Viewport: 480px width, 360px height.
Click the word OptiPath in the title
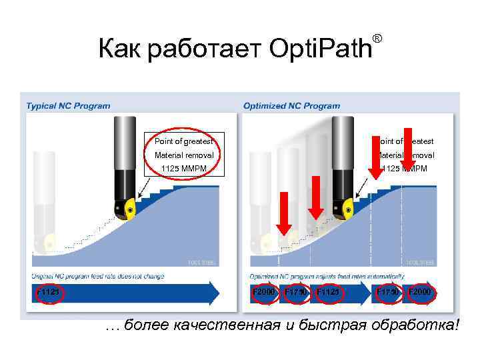coord(321,49)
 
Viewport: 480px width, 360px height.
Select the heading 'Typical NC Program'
coord(68,105)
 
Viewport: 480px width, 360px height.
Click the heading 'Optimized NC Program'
coord(291,105)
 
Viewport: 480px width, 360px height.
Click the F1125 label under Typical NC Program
coord(49,292)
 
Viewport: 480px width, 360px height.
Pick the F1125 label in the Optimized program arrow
coord(329,292)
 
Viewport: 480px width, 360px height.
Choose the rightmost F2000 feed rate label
coord(420,292)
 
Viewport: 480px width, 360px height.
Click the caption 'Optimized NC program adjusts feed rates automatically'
coord(327,276)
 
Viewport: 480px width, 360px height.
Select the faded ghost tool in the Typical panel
coord(44,213)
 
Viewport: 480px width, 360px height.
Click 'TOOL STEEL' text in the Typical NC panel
coord(202,263)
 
